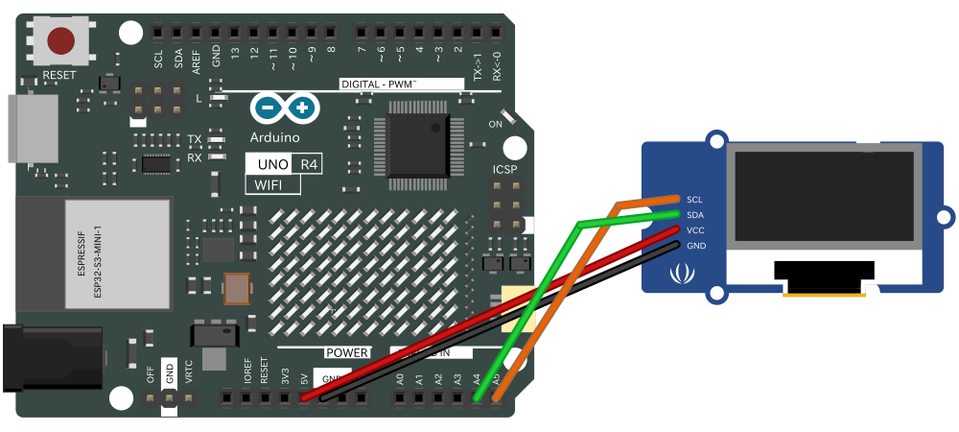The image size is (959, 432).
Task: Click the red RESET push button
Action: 61,41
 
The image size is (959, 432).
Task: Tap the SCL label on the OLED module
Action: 695,199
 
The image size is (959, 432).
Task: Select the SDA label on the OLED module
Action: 695,214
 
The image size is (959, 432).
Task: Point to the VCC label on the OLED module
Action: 695,230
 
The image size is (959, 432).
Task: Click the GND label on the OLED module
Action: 695,246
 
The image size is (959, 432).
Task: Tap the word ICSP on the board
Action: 504,170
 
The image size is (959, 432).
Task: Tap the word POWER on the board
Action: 346,352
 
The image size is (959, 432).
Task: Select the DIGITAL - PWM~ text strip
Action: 378,84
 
